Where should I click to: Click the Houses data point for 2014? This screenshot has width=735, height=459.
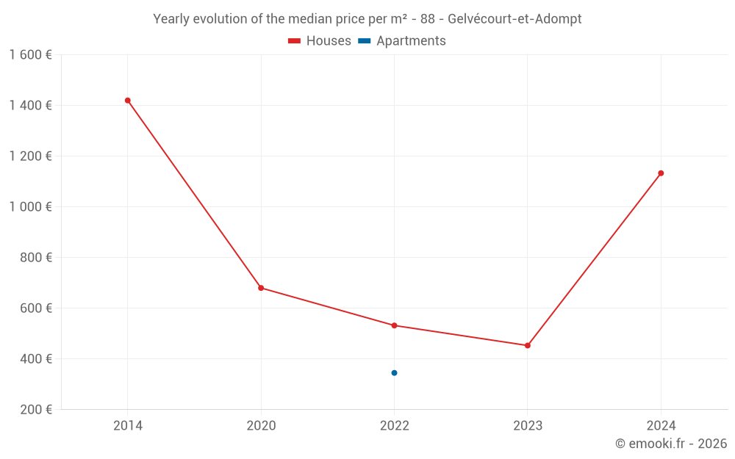click(128, 101)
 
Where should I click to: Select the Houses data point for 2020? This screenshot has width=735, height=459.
click(261, 288)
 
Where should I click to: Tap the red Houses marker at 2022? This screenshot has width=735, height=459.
click(394, 325)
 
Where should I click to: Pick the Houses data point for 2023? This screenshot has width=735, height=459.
click(527, 345)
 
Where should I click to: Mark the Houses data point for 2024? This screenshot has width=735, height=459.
click(661, 173)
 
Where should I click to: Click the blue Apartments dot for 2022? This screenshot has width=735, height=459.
click(394, 373)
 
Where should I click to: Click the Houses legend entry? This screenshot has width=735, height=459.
click(320, 41)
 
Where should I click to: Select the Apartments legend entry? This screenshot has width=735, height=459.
click(402, 41)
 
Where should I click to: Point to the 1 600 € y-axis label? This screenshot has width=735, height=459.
click(31, 55)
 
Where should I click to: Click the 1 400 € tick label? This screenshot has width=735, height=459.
click(31, 106)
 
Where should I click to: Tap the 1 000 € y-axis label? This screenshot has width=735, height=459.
click(31, 207)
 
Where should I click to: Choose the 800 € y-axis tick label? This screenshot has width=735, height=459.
click(36, 258)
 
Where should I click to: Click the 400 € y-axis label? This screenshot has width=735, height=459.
click(36, 359)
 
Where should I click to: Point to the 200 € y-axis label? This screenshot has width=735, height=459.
click(36, 410)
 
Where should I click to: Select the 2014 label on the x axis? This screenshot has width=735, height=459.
click(128, 425)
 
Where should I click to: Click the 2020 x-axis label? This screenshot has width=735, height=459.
click(261, 425)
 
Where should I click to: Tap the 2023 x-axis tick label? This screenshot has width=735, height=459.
click(527, 425)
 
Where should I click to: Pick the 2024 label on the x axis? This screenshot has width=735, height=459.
click(661, 425)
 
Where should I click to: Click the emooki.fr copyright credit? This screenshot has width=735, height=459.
click(671, 444)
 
